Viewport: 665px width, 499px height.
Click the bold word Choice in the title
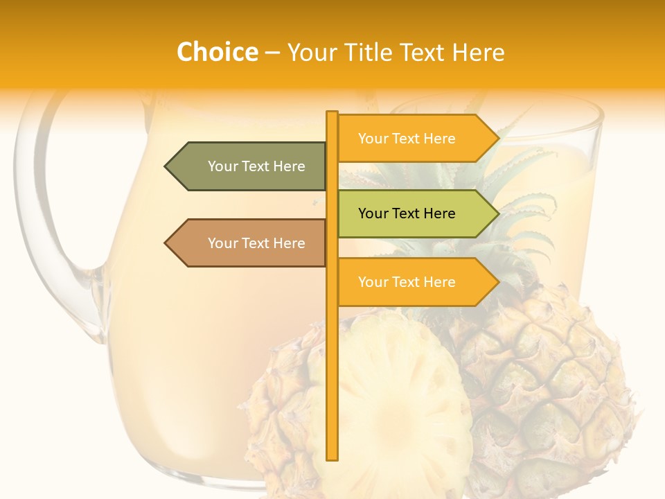(217, 52)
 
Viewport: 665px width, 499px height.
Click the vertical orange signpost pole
(332, 360)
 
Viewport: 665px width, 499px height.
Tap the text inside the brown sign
(256, 243)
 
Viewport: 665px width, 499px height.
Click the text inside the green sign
(407, 213)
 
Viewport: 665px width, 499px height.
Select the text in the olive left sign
(256, 166)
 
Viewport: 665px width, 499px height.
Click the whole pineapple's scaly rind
(554, 374)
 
